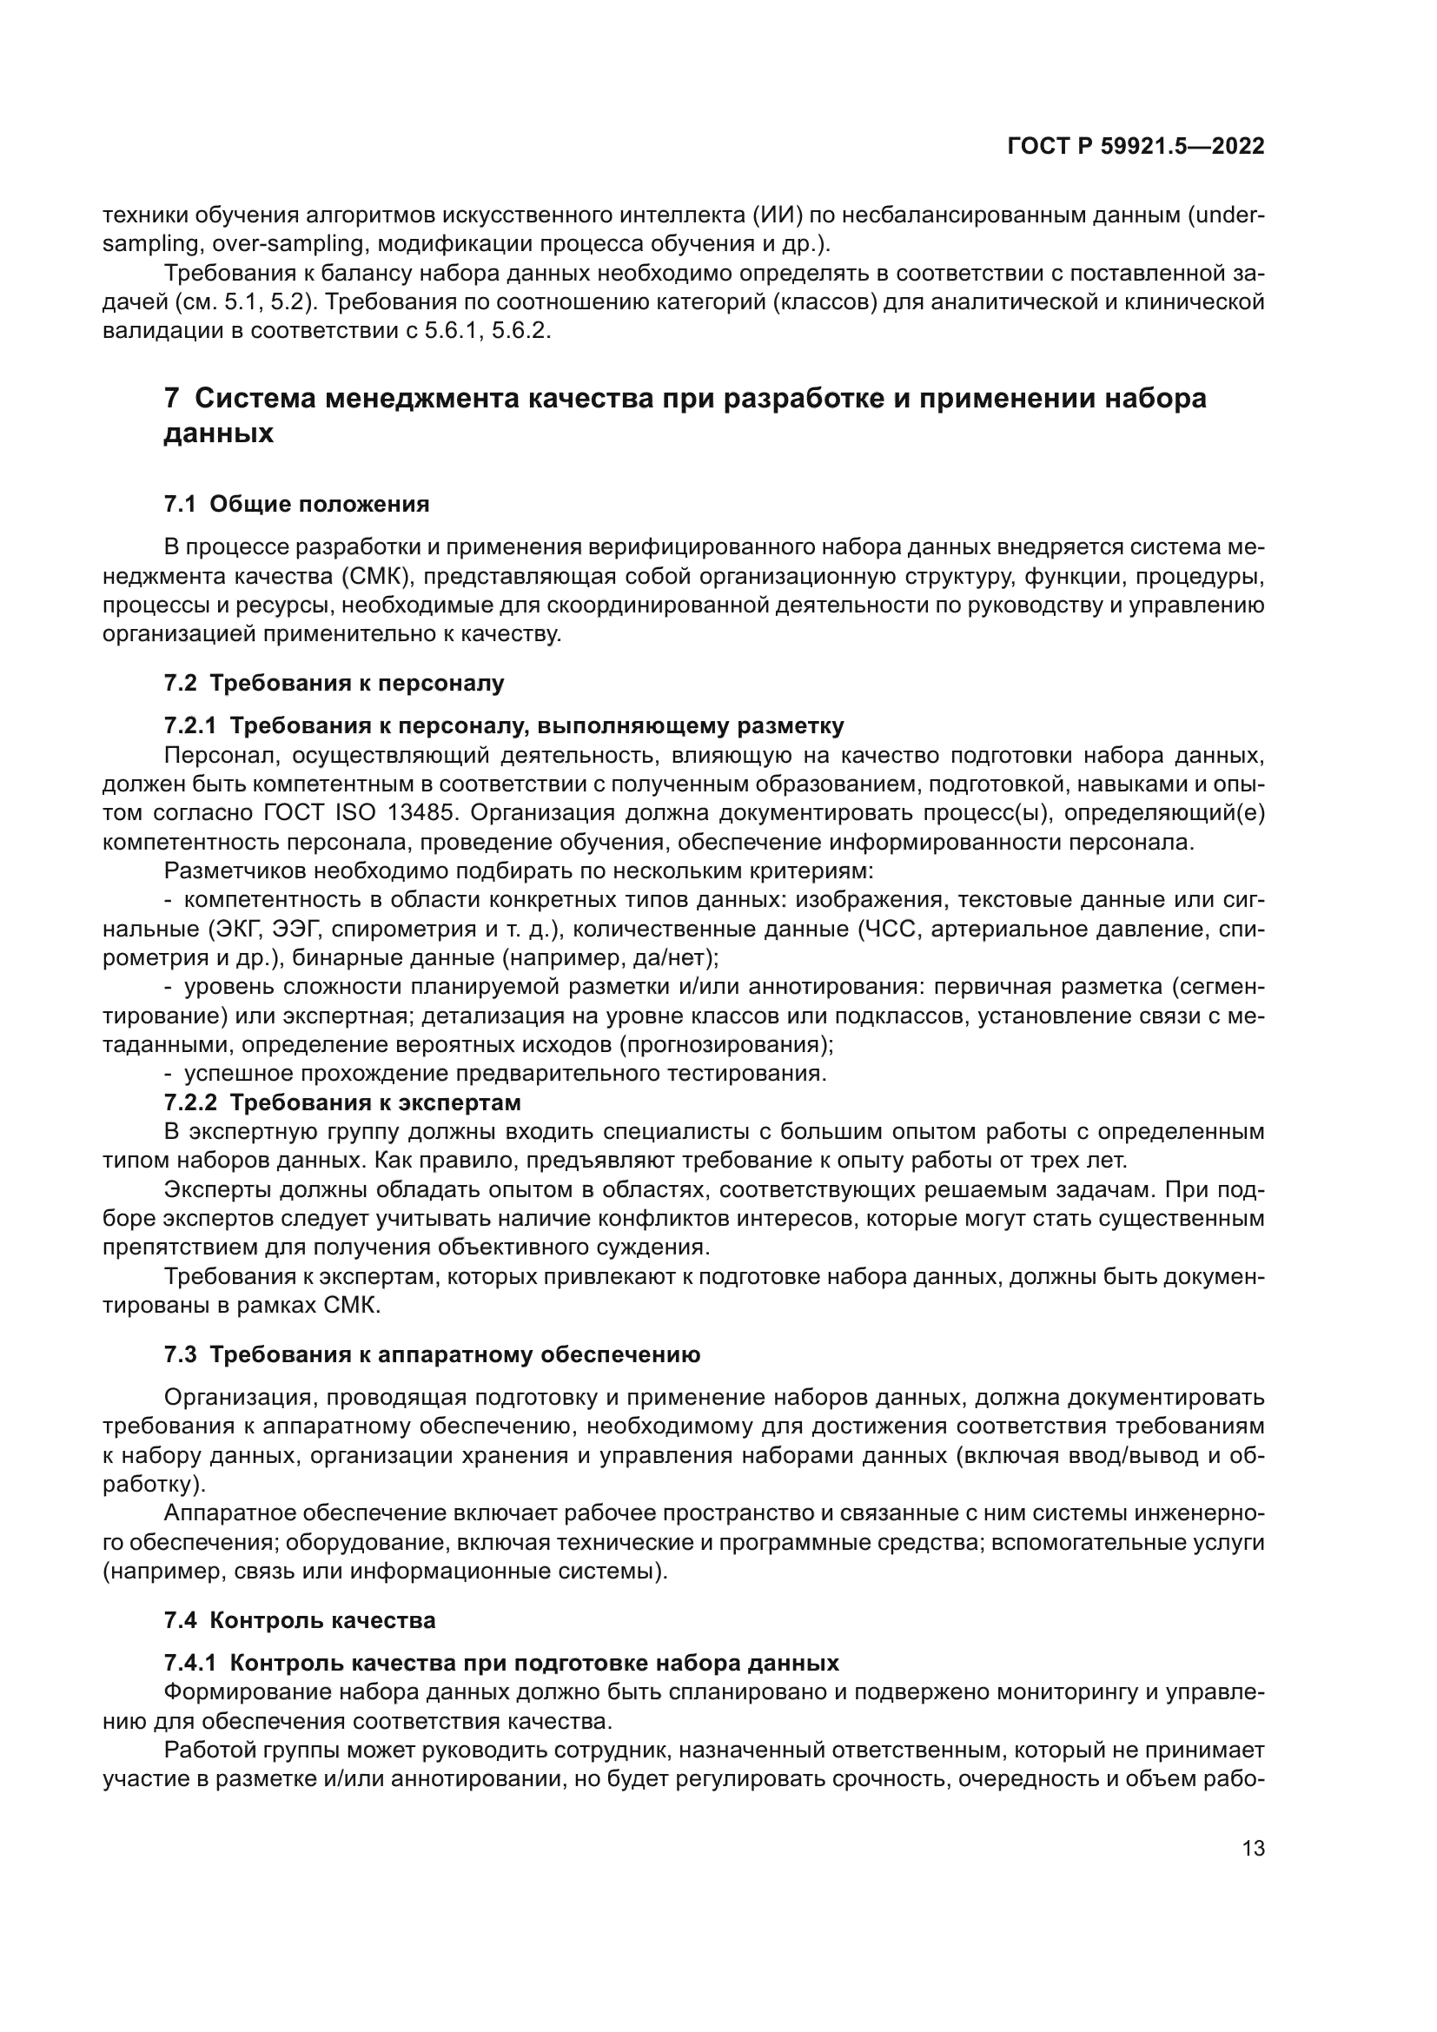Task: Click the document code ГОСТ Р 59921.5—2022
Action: pos(1136,147)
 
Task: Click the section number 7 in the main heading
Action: pos(172,399)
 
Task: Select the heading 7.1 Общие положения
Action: pos(296,505)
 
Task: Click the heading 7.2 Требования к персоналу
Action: pos(334,683)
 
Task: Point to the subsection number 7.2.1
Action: pos(189,726)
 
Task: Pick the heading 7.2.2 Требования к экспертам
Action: pos(342,1102)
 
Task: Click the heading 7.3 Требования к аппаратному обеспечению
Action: pos(432,1355)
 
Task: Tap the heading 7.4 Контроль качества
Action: pos(300,1620)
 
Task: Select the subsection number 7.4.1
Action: pos(189,1663)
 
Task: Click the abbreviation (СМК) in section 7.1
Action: pos(375,578)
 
